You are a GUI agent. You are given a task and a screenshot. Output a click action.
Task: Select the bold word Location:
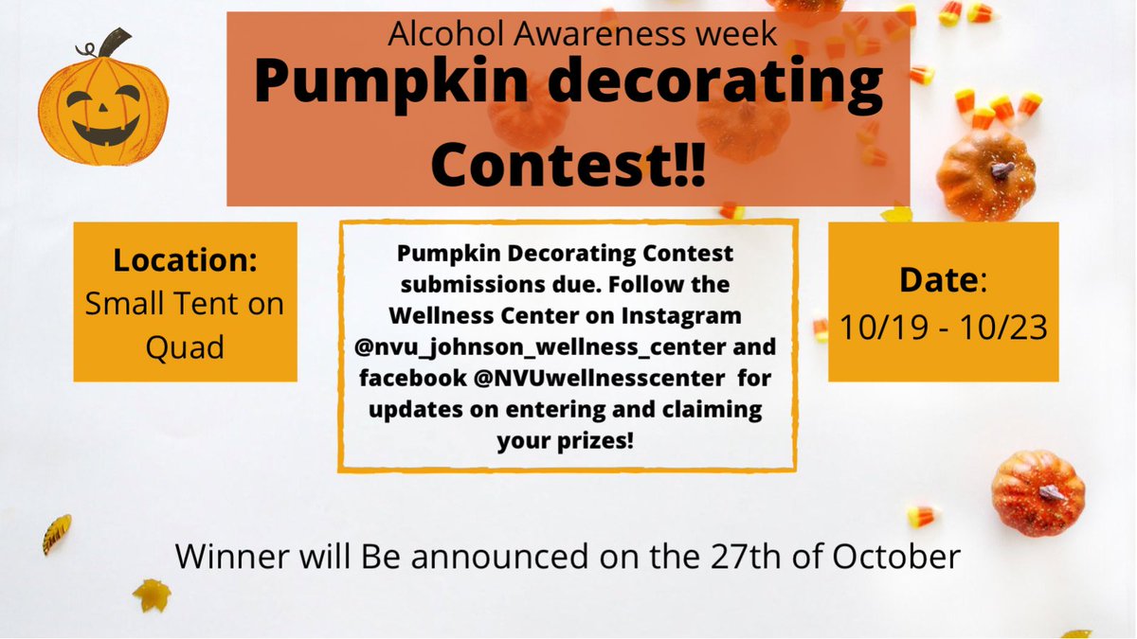185,259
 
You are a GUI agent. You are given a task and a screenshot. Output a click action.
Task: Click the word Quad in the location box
185,346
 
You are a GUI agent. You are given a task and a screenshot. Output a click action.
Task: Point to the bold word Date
938,282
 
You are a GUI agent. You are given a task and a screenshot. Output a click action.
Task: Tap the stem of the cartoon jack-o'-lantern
116,44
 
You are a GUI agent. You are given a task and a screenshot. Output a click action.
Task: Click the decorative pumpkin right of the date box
1037,491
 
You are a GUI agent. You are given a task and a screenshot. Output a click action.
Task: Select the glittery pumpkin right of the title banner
985,174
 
